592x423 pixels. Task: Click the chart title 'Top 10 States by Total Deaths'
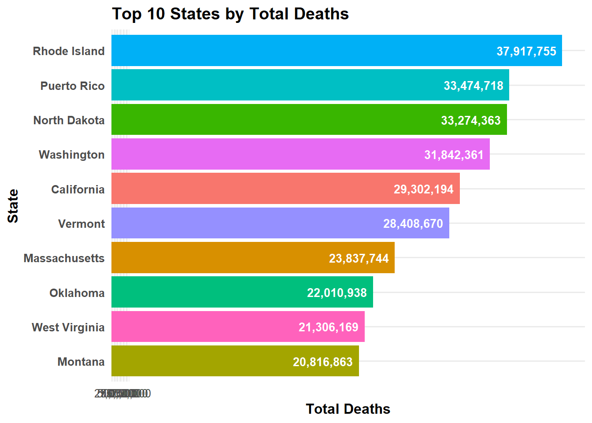click(230, 14)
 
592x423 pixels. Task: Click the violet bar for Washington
click(264, 154)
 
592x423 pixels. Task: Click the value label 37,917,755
click(526, 52)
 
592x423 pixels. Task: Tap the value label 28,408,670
click(413, 224)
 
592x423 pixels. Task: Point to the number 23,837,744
click(359, 258)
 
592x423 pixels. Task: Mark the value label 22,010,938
click(337, 293)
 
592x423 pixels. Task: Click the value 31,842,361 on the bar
click(454, 155)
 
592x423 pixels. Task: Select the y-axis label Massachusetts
click(64, 258)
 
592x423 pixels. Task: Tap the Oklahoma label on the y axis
click(77, 293)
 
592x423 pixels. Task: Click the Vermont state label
click(81, 224)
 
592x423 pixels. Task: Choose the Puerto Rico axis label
click(72, 86)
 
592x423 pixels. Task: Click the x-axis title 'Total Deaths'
click(348, 409)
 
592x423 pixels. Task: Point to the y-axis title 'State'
click(13, 206)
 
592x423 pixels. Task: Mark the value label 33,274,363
click(470, 120)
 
